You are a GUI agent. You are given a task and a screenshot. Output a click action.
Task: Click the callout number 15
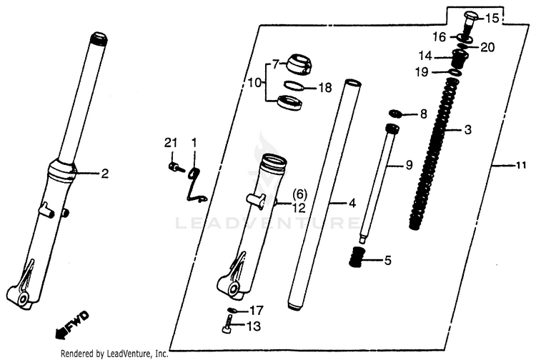tap(492, 18)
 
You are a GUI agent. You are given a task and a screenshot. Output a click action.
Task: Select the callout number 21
tap(171, 143)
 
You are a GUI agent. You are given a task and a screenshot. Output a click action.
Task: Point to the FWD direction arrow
tap(71, 325)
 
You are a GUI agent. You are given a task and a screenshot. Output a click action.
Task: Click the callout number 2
tap(104, 174)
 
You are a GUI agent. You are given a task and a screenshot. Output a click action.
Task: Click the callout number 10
tap(254, 82)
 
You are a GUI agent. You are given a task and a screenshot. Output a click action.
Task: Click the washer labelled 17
tap(232, 310)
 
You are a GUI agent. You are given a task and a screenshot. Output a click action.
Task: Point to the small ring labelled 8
tap(395, 113)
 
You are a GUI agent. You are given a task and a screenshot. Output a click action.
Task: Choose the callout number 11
tap(520, 166)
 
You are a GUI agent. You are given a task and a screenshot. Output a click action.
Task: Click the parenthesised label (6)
tap(299, 195)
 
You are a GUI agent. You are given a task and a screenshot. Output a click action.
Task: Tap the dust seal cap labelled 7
tap(299, 64)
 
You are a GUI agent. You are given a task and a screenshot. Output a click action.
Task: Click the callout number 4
tap(352, 204)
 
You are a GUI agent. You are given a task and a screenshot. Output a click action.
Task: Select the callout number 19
tap(421, 72)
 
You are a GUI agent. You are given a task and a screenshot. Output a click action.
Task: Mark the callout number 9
tap(409, 165)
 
